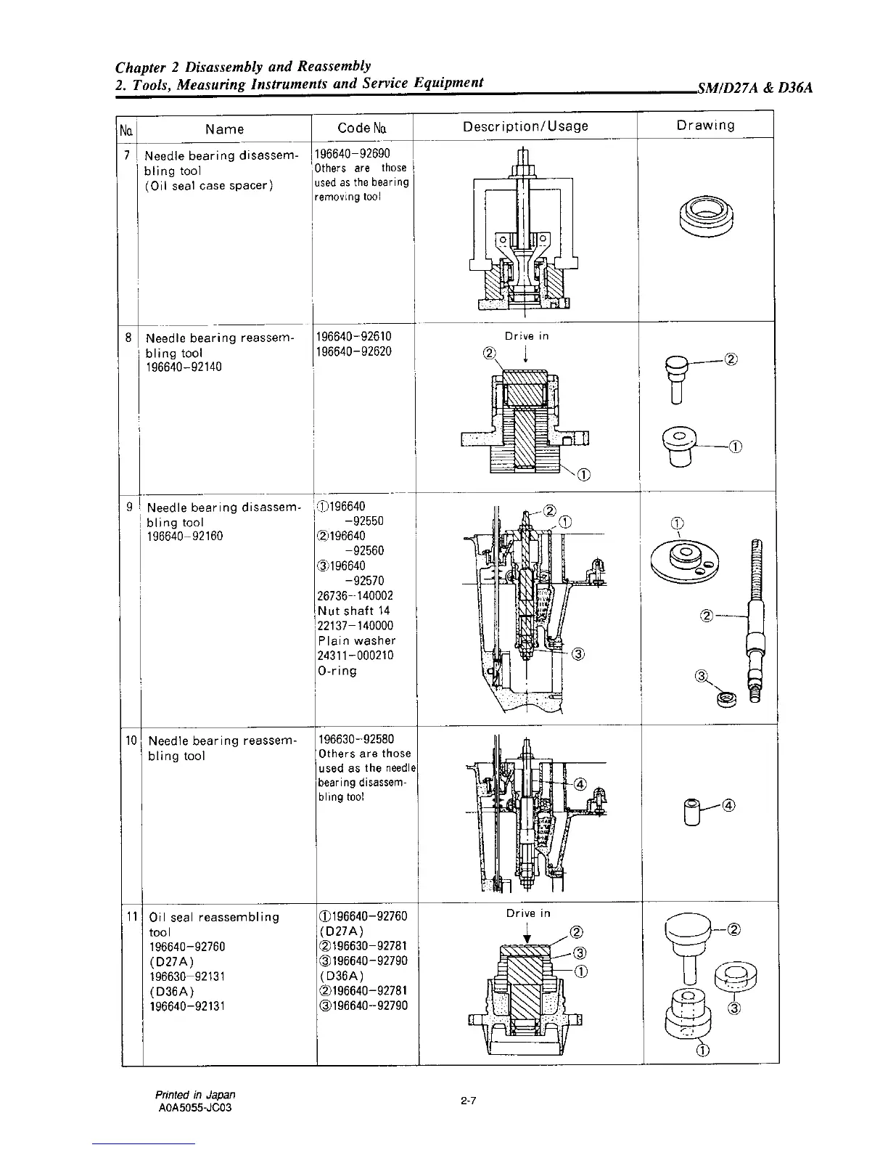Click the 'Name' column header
tap(224, 129)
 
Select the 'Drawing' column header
tap(705, 125)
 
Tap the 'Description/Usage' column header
tap(525, 126)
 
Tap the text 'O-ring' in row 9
tap(337, 671)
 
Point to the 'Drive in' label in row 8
tap(527, 336)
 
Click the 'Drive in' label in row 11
tap(528, 913)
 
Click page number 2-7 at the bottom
tap(468, 1102)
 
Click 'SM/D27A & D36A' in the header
tap(754, 89)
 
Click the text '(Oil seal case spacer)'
tap(209, 186)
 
